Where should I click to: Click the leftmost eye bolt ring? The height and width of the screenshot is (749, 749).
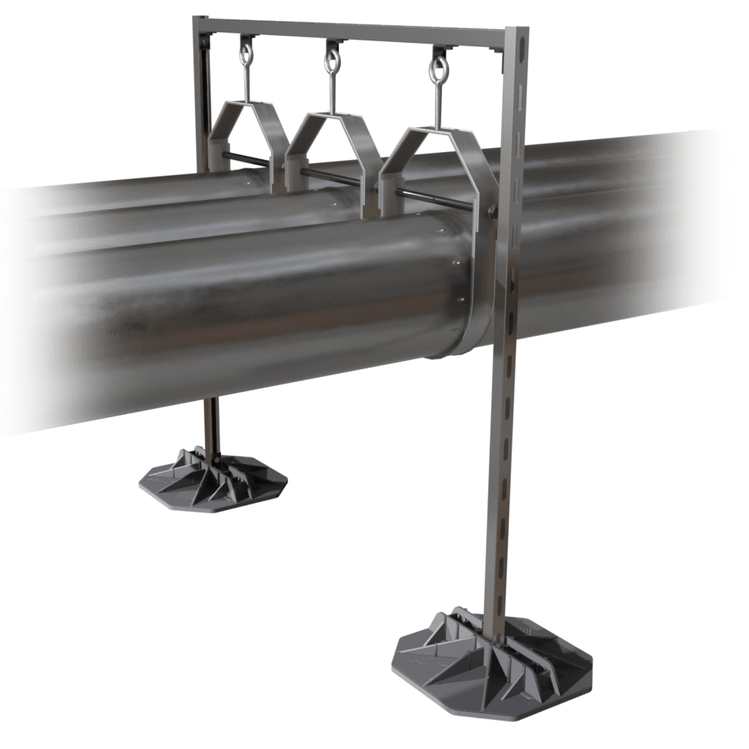tap(245, 54)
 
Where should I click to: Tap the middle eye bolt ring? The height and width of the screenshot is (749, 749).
tap(330, 59)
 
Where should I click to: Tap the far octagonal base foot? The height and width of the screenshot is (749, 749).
tap(213, 483)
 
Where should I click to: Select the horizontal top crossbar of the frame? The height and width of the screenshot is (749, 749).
tap(352, 31)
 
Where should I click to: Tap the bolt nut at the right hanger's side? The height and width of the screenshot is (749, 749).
tap(491, 213)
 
